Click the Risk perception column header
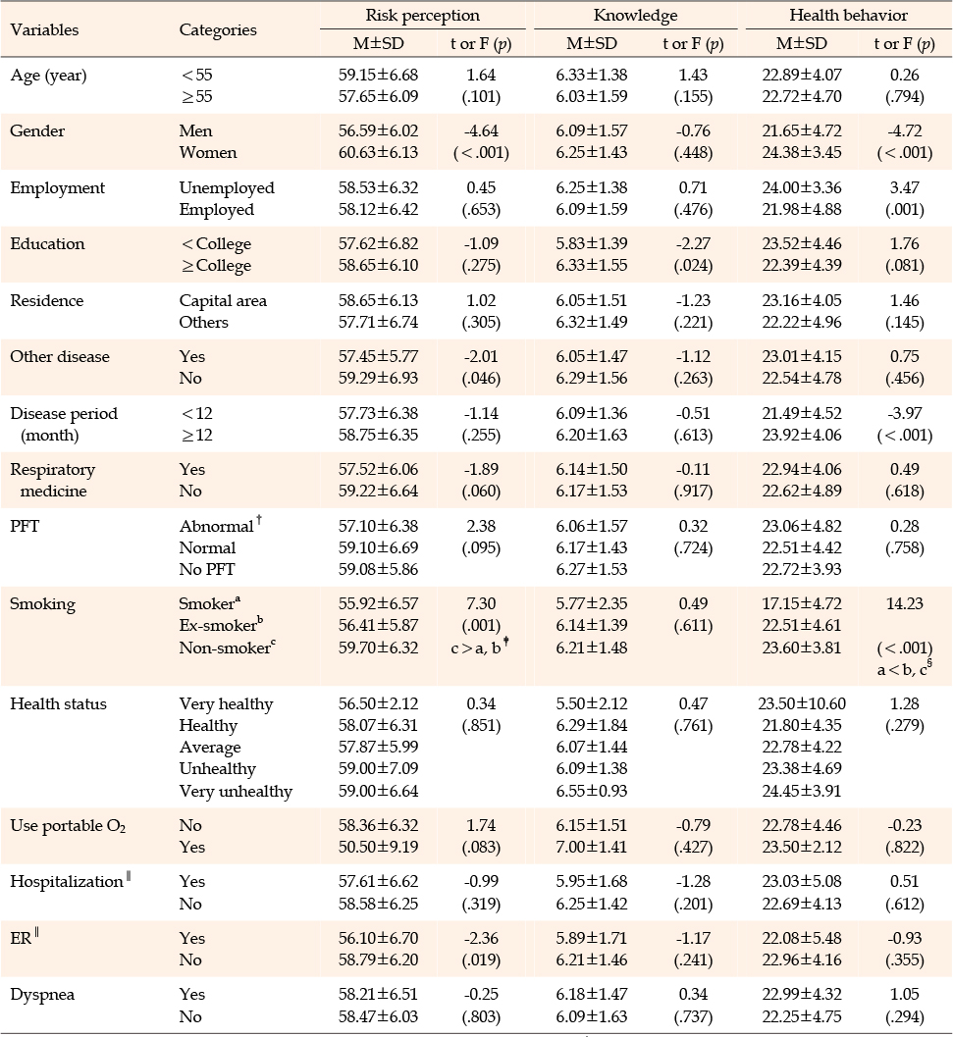[422, 16]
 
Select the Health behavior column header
[848, 16]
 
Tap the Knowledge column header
[635, 16]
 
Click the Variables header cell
[44, 29]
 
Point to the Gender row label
[37, 130]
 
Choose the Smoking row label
[42, 604]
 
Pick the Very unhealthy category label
[236, 791]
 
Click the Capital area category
[223, 301]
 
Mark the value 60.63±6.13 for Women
[379, 153]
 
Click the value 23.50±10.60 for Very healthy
[802, 703]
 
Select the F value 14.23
[905, 603]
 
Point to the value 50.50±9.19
[379, 848]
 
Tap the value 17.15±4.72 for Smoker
[802, 603]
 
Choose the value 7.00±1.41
[592, 848]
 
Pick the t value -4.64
[481, 130]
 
